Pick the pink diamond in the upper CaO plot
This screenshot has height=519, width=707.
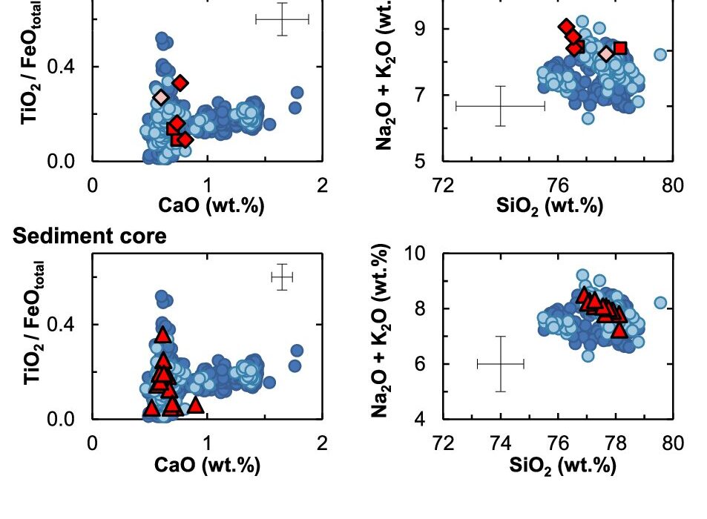coord(161,97)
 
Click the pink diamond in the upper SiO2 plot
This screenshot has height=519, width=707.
coord(606,53)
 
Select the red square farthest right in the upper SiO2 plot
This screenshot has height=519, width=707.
coord(620,48)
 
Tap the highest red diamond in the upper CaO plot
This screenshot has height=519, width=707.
coord(180,82)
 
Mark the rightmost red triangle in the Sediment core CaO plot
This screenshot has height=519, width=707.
coord(195,405)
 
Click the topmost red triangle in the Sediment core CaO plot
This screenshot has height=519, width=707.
coord(163,335)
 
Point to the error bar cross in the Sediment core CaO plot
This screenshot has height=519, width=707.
coord(282,277)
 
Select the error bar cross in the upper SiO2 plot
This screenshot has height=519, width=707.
coord(500,106)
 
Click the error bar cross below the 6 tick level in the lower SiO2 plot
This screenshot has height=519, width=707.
coord(500,363)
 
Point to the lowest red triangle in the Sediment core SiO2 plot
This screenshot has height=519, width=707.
coord(619,329)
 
